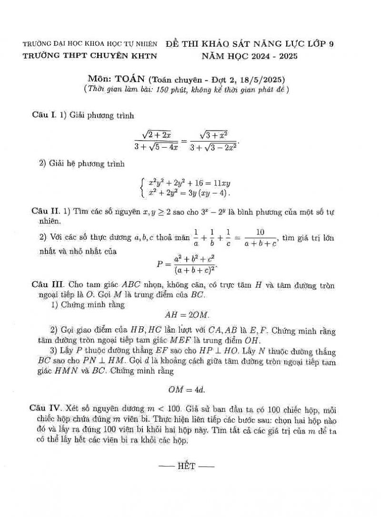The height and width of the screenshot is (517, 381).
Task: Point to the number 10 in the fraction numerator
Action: [x=260, y=232]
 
